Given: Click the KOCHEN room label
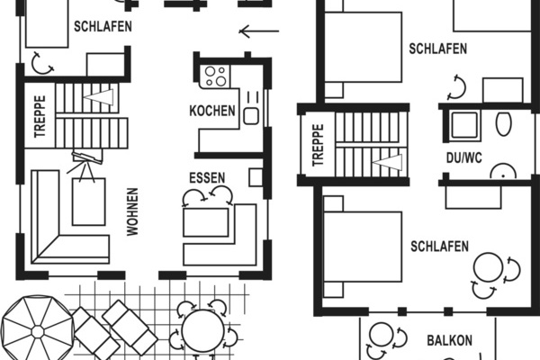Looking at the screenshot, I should tap(212, 112).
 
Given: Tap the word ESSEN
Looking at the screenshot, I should tap(207, 177).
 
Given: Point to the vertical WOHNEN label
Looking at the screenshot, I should tap(132, 211).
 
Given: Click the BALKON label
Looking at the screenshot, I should tap(449, 341).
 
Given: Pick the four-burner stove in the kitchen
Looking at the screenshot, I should tap(215, 76).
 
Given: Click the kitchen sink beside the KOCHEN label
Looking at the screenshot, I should tap(250, 114).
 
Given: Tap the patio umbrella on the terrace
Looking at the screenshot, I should tap(37, 330).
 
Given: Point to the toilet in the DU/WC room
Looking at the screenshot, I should tap(502, 123).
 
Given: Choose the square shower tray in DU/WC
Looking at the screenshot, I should tap(464, 125).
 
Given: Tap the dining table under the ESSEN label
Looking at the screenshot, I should tap(206, 220).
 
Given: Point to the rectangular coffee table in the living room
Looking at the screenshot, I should tap(88, 201).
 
